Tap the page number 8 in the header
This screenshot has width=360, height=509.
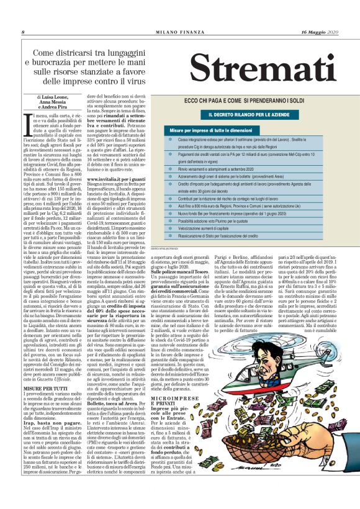(23, 32)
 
